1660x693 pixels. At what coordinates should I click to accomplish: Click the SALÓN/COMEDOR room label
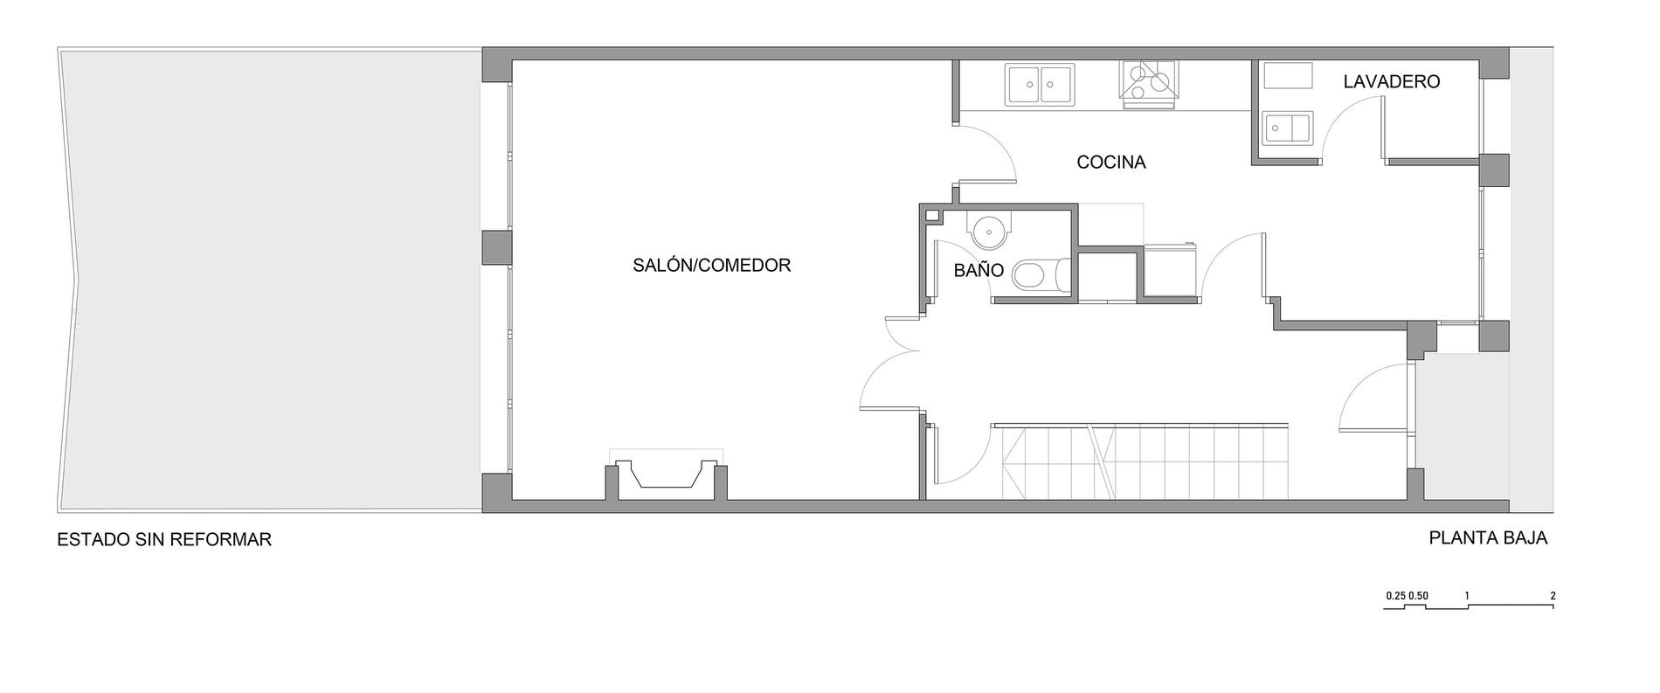click(711, 265)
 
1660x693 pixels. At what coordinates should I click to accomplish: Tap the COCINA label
click(1110, 162)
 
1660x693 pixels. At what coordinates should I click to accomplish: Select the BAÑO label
click(979, 270)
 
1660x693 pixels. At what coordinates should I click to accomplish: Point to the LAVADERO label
click(1391, 82)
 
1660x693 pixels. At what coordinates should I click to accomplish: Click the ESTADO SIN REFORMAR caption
click(164, 539)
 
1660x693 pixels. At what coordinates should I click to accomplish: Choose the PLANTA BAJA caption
click(1488, 538)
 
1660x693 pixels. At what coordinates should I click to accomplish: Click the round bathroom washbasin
click(988, 230)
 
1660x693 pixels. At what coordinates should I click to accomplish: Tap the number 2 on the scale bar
click(1553, 596)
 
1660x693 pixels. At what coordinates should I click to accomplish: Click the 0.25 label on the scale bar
click(1394, 596)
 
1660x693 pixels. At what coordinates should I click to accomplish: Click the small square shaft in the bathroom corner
click(932, 214)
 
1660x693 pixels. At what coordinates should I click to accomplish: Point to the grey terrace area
click(270, 280)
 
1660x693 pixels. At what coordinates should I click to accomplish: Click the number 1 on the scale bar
click(1467, 596)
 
